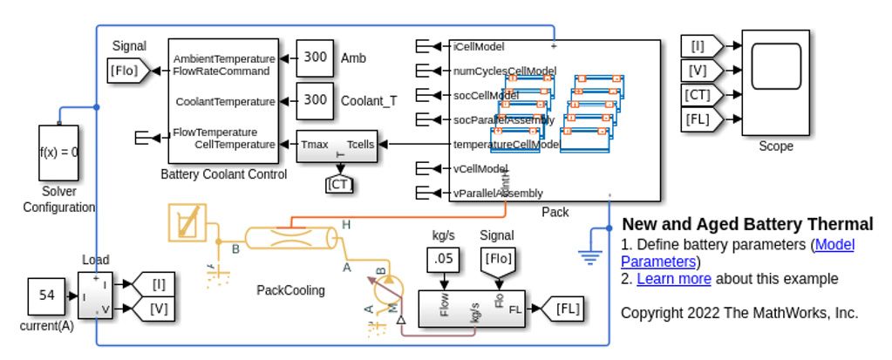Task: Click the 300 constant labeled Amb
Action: [x=315, y=58]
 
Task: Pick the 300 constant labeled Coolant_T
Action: [x=315, y=100]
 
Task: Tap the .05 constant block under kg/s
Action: [x=444, y=259]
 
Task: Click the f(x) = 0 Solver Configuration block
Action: [x=58, y=152]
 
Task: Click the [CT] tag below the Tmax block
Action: [x=339, y=183]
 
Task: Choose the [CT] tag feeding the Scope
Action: [x=699, y=94]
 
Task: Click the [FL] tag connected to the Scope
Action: [x=699, y=119]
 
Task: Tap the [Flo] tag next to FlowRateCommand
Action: [x=124, y=71]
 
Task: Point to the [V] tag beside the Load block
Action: [x=158, y=308]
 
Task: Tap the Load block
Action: [x=95, y=295]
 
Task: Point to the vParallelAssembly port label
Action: [x=498, y=194]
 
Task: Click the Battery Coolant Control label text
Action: [x=223, y=174]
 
